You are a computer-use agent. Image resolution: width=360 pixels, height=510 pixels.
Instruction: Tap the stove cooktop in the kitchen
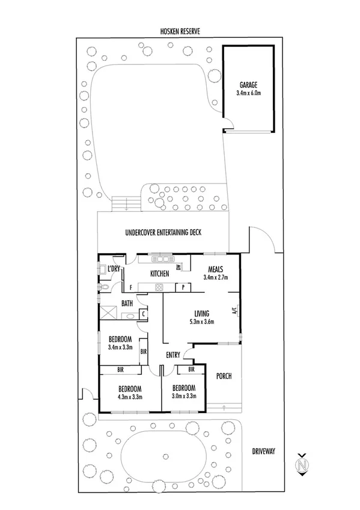160,287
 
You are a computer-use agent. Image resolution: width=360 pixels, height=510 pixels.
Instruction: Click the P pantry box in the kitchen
183,287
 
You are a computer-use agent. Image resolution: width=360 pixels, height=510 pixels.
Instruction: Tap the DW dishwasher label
178,268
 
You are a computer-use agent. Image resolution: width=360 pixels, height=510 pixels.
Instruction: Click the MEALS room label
216,269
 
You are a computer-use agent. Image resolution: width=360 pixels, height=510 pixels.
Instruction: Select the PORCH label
223,376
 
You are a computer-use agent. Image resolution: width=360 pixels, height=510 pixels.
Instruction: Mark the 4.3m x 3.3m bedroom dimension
129,397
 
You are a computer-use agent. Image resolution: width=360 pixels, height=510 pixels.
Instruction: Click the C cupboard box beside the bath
143,313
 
